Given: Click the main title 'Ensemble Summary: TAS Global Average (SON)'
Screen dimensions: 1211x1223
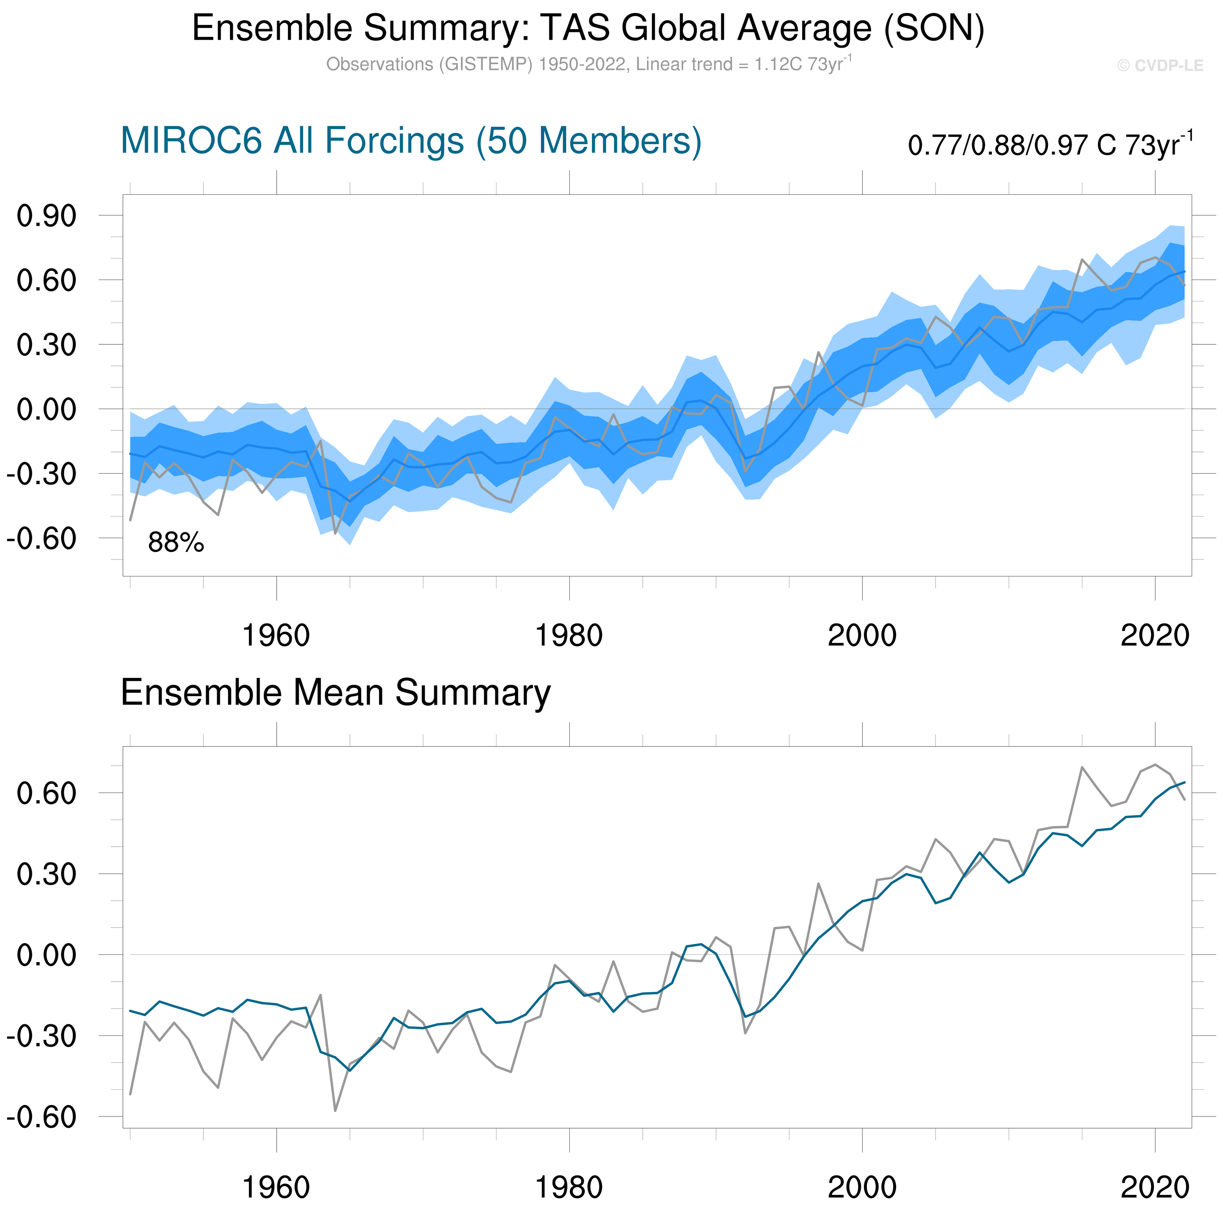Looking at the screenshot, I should [x=588, y=28].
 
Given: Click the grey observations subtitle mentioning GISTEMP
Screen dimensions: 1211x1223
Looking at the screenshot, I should [x=588, y=65].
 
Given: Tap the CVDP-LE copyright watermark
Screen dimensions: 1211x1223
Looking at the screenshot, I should [x=1160, y=66].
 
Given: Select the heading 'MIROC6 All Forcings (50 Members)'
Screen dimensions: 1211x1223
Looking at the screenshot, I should [x=411, y=141].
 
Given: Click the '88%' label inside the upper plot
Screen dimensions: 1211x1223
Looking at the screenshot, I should [x=176, y=542].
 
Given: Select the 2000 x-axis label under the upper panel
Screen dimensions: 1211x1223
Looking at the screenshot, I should [x=862, y=635].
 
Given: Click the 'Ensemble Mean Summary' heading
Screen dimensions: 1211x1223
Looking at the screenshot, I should [x=336, y=693].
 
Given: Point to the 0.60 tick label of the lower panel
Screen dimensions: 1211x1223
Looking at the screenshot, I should [x=46, y=793].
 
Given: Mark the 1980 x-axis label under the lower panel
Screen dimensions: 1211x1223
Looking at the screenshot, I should [x=569, y=1188].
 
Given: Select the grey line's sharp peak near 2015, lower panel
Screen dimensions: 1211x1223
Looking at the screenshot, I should [x=1082, y=767].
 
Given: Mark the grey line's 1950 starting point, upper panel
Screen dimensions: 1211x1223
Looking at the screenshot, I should [x=130, y=520].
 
